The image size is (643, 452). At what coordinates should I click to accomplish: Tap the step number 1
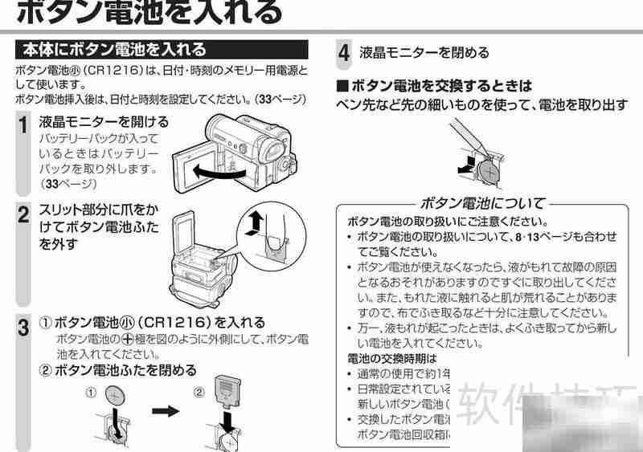24,125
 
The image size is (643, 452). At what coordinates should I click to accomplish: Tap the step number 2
24,214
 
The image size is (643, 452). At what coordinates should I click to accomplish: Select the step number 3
24,327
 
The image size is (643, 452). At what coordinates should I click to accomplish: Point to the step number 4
343,54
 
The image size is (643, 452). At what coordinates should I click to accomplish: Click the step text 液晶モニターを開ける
104,122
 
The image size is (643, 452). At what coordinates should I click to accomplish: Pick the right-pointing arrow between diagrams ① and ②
164,410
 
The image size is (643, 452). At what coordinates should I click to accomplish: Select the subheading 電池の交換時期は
391,358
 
